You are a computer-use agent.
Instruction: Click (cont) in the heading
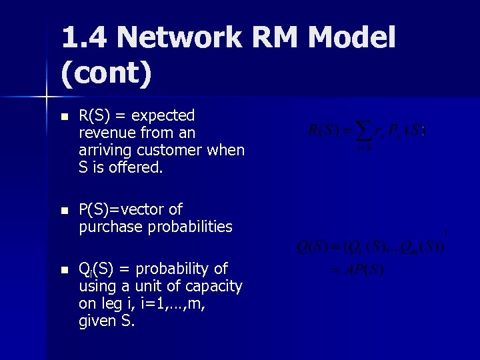[107, 74]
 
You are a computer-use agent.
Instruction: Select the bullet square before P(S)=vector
[63, 210]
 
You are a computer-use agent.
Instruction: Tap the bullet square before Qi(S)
[63, 269]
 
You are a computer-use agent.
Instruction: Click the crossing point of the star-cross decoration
[46, 97]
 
